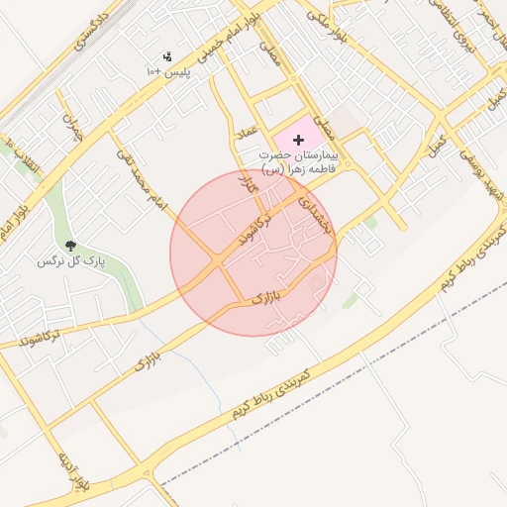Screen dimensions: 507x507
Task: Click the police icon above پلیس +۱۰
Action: coord(165,57)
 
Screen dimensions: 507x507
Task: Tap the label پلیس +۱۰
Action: coord(166,73)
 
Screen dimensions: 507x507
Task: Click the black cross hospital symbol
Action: coord(299,141)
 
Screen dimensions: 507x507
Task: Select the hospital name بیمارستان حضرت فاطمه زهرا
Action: coord(297,162)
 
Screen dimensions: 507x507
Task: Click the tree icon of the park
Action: coord(70,245)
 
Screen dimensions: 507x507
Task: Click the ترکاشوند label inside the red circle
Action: coord(248,230)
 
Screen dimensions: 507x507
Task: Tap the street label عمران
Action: coord(70,130)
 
